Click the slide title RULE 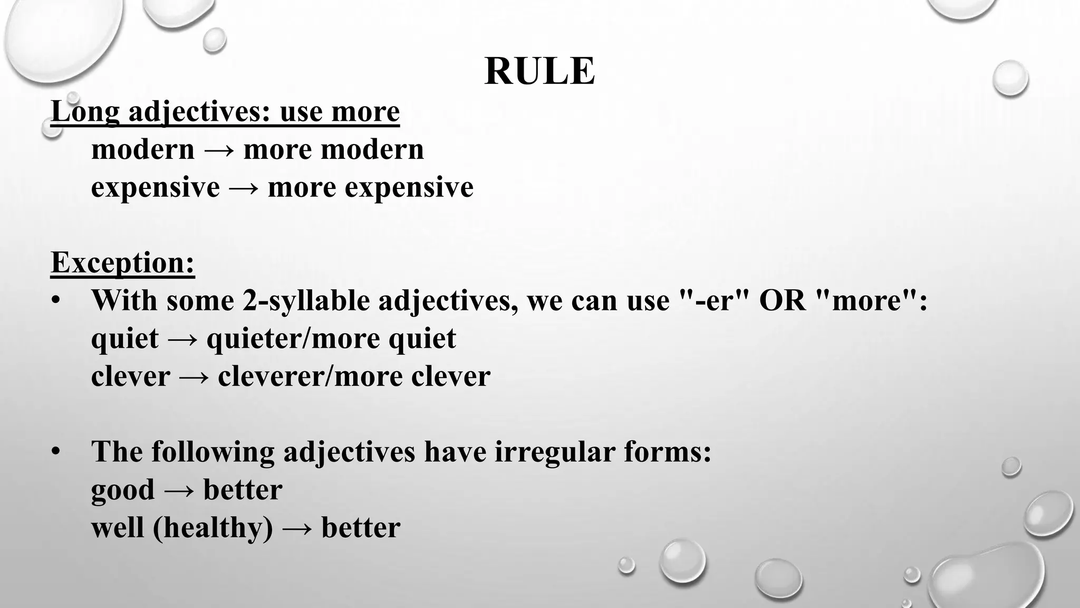539,71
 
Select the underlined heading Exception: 123,262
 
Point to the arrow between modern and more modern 219,150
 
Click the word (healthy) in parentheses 213,528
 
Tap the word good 123,490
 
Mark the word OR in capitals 783,300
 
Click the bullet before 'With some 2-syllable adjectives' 56,301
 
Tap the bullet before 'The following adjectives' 56,452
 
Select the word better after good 243,490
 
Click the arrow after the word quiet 182,339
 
